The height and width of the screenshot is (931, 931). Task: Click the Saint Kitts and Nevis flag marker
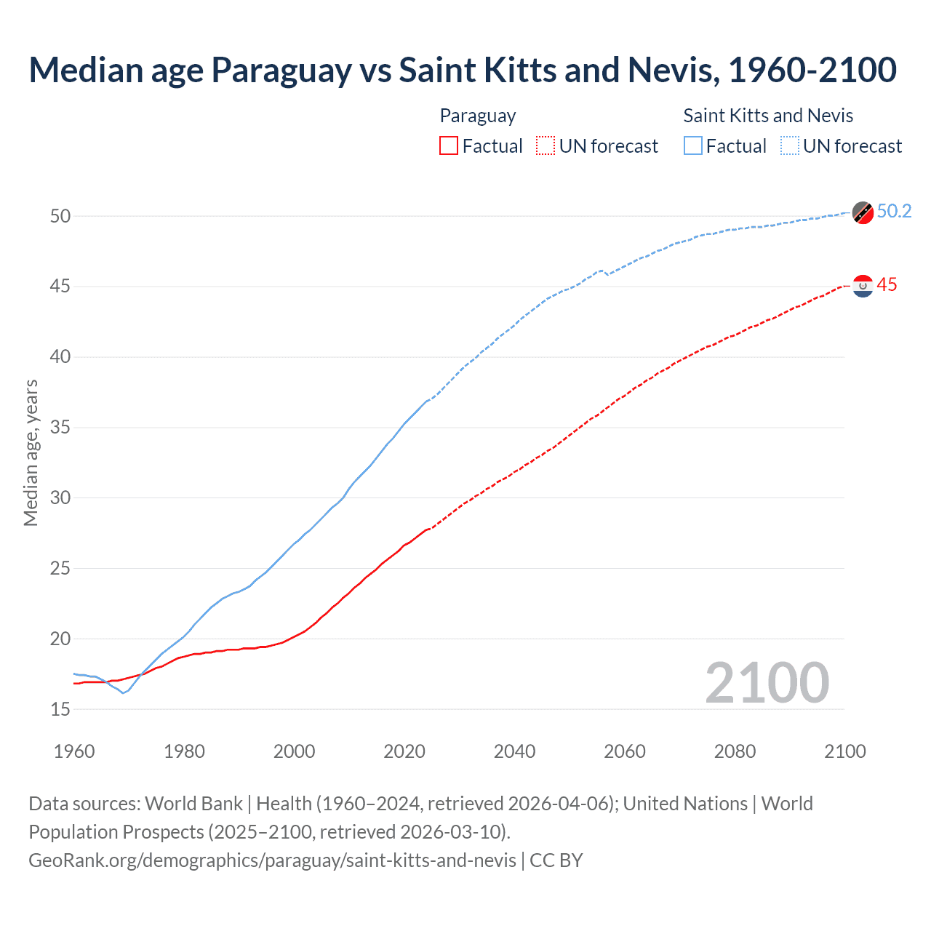tap(863, 212)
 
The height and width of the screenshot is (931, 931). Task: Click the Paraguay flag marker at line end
tap(863, 286)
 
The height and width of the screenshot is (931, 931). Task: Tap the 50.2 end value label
tap(894, 211)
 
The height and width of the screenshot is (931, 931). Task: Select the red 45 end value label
tap(887, 285)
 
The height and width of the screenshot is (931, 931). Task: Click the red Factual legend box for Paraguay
tap(449, 146)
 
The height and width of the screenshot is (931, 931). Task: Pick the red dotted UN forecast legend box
tap(546, 146)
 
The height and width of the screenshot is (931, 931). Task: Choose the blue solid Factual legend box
tap(693, 146)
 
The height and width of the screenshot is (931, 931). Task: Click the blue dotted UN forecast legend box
tap(790, 146)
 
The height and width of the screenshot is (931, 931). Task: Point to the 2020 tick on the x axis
tap(404, 751)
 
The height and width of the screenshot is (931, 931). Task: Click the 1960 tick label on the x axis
tap(74, 751)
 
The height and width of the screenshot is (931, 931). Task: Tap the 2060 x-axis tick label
tap(625, 751)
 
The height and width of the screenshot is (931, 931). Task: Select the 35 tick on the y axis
tap(60, 427)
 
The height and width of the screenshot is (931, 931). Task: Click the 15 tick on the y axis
tap(60, 709)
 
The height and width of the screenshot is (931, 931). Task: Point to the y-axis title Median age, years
tap(31, 452)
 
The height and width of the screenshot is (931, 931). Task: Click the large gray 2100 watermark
tap(767, 682)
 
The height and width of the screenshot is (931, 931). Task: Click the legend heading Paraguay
tap(478, 116)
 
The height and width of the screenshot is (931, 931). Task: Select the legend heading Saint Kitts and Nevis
tap(768, 116)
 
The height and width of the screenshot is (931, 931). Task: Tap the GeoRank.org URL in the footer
tap(272, 860)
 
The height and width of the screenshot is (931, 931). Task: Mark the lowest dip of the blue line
tap(123, 692)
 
